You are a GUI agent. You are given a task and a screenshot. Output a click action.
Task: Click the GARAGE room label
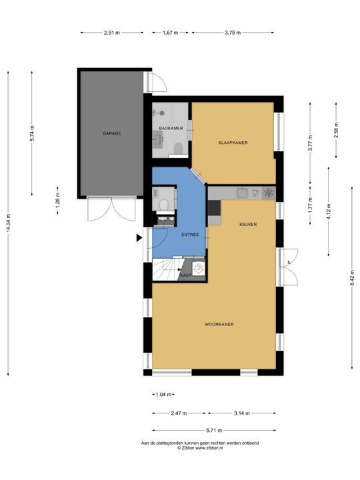coord(111,133)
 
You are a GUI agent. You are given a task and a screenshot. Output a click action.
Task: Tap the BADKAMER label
coord(171,128)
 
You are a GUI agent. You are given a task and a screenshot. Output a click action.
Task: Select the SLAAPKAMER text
coord(233,143)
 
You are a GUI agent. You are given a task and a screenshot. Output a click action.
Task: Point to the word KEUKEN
coord(248,225)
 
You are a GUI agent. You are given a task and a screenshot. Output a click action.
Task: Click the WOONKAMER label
coord(219,324)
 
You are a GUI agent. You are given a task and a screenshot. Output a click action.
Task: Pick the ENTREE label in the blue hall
coord(190,235)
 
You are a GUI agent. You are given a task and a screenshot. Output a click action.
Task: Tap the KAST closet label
coord(186,275)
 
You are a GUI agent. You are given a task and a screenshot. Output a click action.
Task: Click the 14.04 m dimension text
coord(8,223)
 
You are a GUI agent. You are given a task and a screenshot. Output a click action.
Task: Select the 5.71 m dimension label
coord(214,431)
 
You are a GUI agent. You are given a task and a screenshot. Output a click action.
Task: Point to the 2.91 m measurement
coord(112,33)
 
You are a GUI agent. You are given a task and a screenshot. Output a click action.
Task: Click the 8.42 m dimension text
coord(353,278)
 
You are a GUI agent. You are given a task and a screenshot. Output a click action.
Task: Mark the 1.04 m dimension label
coord(163,395)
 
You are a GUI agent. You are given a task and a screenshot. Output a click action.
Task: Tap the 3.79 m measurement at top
coord(233,33)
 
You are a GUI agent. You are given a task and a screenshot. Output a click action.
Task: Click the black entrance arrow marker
coord(139,238)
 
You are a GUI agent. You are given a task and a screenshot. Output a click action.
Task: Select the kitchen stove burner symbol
coord(269,193)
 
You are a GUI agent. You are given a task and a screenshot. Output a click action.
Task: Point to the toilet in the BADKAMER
coord(178,149)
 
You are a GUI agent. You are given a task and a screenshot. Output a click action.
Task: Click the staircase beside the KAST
coord(168,269)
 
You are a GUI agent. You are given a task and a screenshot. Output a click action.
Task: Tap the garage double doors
coord(111,209)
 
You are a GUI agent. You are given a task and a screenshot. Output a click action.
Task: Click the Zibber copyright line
coord(200,447)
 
